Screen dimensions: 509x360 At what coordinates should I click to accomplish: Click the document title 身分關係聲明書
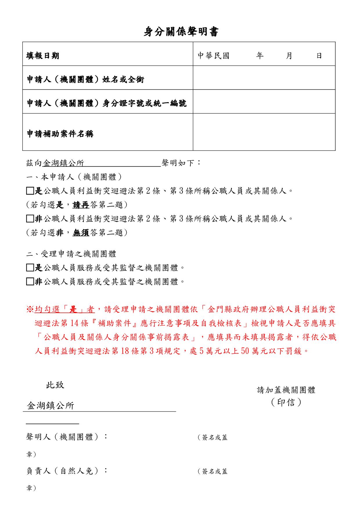pyautogui.click(x=181, y=32)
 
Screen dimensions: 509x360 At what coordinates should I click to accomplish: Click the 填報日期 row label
pyautogui.click(x=43, y=56)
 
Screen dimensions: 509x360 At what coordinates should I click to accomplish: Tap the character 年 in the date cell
pyautogui.click(x=260, y=55)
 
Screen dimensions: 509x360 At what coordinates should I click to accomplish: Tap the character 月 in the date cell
pyautogui.click(x=289, y=55)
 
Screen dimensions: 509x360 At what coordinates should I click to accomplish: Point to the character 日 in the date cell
pyautogui.click(x=319, y=55)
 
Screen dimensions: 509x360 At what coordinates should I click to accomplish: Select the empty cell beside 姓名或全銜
pyautogui.click(x=264, y=78)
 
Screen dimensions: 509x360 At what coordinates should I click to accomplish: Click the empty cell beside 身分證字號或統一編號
pyautogui.click(x=264, y=102)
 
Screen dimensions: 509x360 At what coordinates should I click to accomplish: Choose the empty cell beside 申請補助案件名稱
pyautogui.click(x=264, y=132)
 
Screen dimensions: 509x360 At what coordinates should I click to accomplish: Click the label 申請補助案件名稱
pyautogui.click(x=60, y=134)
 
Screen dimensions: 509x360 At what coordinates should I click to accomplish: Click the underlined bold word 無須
pyautogui.click(x=81, y=232)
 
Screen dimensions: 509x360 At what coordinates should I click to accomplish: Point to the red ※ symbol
pyautogui.click(x=30, y=310)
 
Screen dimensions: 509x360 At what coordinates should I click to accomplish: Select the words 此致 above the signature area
pyautogui.click(x=55, y=385)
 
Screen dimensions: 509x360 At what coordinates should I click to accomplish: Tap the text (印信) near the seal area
pyautogui.click(x=286, y=402)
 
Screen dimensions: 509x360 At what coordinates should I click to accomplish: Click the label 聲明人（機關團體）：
pyautogui.click(x=67, y=437)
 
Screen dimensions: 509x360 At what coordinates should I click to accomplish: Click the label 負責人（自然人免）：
pyautogui.click(x=67, y=471)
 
